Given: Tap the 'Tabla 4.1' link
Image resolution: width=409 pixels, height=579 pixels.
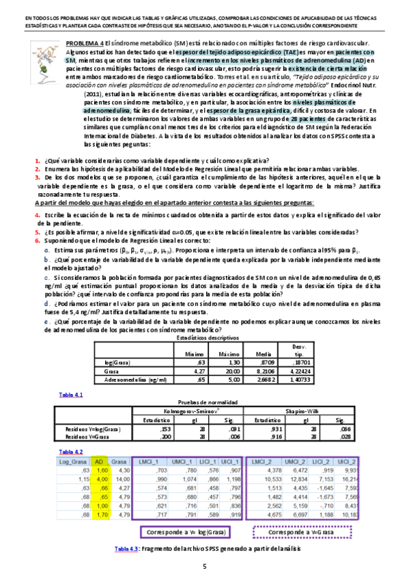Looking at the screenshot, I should [x=70, y=395].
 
